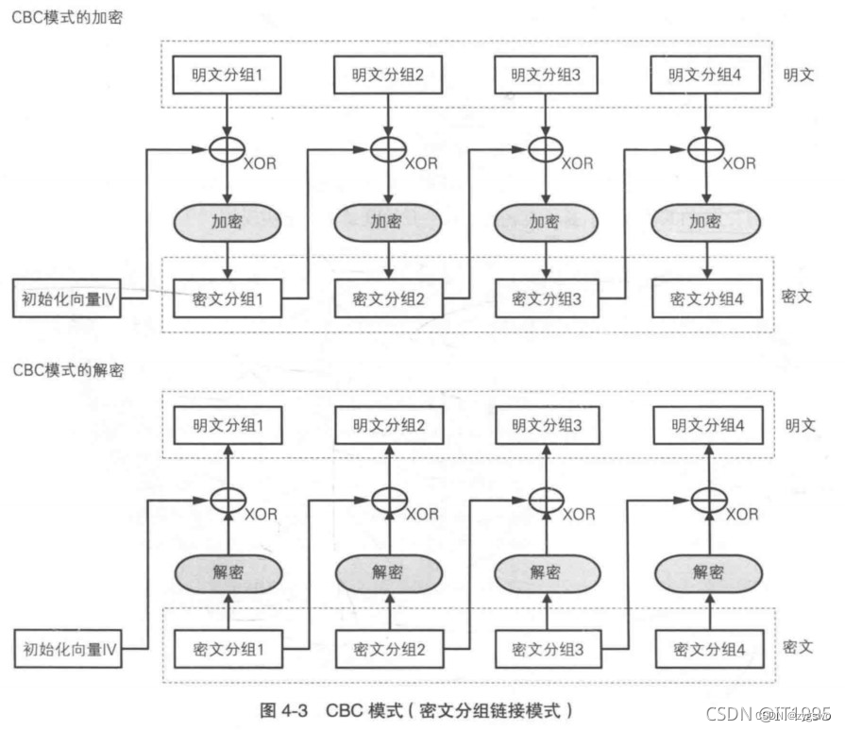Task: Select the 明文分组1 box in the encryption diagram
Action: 227,76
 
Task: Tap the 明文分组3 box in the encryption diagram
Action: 545,76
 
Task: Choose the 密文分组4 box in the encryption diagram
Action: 706,299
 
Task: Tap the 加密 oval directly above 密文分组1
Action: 227,223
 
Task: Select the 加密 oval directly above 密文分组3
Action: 544,223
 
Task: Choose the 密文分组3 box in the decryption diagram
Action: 545,650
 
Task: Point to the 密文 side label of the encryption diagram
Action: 799,296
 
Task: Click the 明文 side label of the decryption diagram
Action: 799,426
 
